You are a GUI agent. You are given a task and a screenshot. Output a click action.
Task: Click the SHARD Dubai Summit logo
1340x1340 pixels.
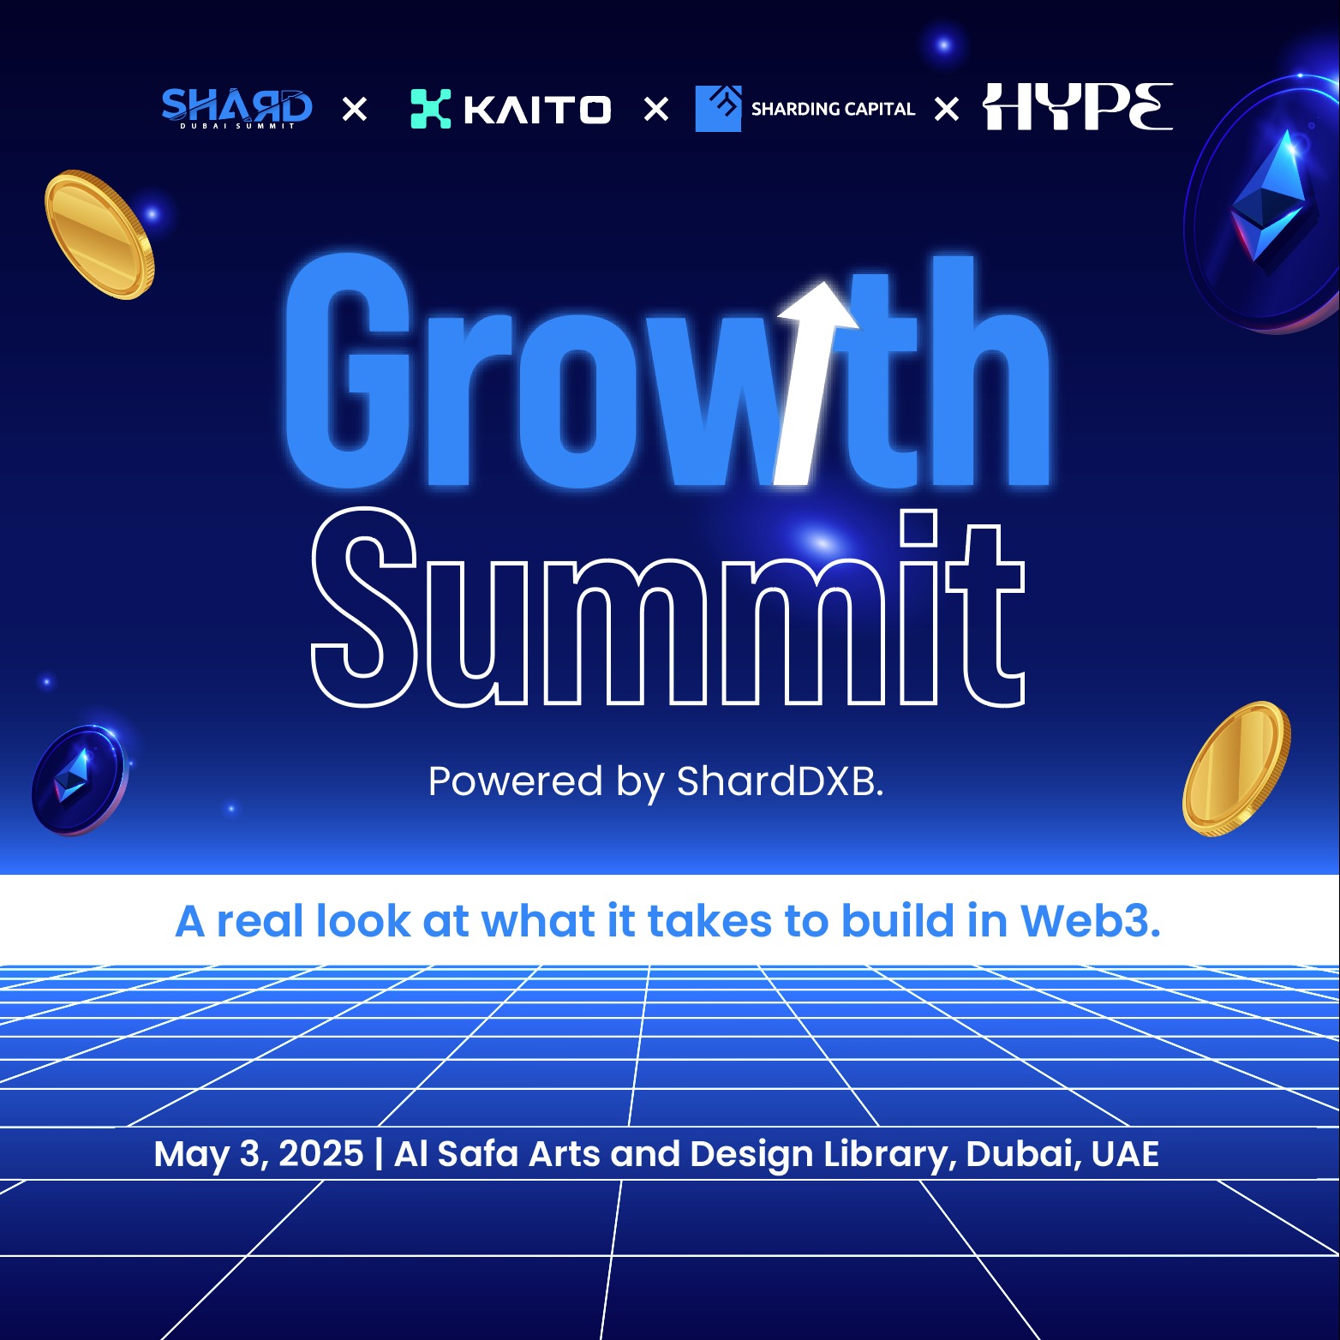[237, 108]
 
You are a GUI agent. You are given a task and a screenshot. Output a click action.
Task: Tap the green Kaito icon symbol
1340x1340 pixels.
[431, 109]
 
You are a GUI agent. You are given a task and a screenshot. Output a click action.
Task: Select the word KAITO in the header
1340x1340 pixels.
[537, 110]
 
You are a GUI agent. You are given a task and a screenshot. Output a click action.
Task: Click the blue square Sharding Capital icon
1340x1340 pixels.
[718, 108]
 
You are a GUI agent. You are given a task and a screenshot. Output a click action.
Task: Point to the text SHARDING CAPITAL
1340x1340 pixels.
[833, 109]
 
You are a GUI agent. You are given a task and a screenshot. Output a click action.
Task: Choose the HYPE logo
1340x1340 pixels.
[1078, 106]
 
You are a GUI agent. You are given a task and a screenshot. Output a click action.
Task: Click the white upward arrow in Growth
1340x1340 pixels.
[814, 383]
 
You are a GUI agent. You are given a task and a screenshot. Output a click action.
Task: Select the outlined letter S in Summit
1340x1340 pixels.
[365, 607]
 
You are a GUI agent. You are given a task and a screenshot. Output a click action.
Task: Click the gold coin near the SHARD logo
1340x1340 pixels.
[99, 235]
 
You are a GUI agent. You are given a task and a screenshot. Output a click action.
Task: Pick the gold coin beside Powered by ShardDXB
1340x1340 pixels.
[1236, 769]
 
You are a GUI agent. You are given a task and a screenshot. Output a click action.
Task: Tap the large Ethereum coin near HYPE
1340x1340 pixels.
[1264, 206]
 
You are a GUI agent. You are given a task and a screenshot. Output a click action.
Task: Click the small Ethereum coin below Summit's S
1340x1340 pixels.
[79, 780]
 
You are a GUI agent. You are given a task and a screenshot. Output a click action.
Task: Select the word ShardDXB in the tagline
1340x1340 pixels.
[780, 781]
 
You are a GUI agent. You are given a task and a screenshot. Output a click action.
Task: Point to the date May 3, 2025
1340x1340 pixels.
[259, 1154]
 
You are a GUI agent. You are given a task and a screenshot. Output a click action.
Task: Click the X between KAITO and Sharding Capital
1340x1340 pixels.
[656, 109]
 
